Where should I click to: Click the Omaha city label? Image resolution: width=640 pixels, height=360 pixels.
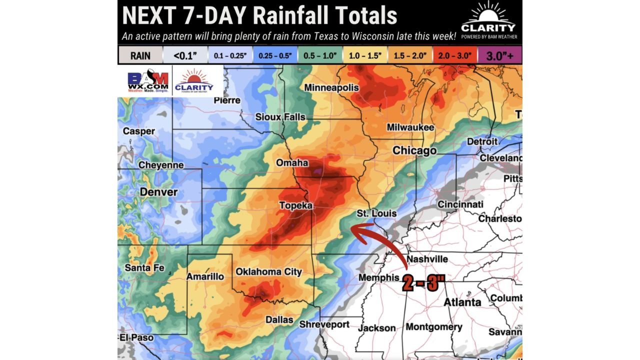coord(292,163)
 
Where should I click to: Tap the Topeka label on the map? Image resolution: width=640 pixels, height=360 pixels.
coord(295,205)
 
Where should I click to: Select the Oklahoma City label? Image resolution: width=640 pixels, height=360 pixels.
coord(268,271)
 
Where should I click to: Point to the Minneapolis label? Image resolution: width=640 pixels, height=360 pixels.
coord(331,87)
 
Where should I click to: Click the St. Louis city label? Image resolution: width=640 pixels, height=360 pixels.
coord(376,213)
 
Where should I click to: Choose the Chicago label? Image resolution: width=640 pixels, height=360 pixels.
coord(414,150)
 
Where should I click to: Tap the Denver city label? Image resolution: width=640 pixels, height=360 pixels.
coord(158,192)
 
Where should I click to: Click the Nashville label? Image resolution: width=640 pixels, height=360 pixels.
coord(427,259)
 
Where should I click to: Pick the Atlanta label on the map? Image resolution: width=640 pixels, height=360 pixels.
coord(462,302)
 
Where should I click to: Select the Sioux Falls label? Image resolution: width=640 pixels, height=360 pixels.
coord(280,117)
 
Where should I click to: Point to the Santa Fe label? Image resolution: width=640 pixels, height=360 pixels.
coord(144,267)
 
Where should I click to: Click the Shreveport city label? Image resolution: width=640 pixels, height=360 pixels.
coord(324,324)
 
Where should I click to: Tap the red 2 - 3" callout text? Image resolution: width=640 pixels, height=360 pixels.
coord(423,283)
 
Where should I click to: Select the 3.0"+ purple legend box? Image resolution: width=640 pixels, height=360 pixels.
coord(500,55)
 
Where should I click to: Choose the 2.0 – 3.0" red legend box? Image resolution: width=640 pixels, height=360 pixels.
coord(454,55)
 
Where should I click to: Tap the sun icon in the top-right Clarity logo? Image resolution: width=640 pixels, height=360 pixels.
coord(488,12)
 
